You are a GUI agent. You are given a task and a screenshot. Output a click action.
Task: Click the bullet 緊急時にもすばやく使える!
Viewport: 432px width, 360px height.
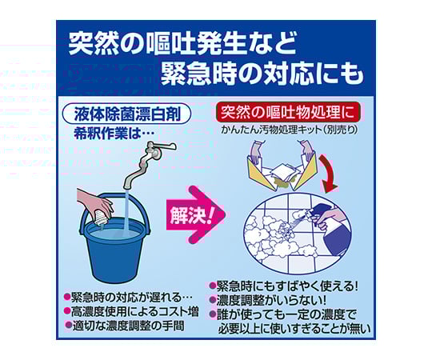click(x=288, y=285)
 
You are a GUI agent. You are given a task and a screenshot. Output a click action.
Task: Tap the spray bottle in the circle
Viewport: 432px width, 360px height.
click(x=329, y=214)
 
